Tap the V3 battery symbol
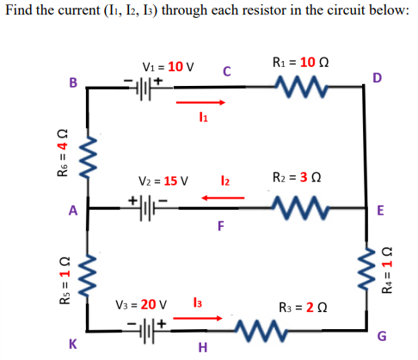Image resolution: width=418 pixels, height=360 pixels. pos(158,327)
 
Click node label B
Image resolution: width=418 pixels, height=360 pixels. pos(73,83)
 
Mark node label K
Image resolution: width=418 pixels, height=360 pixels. pos(72,343)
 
